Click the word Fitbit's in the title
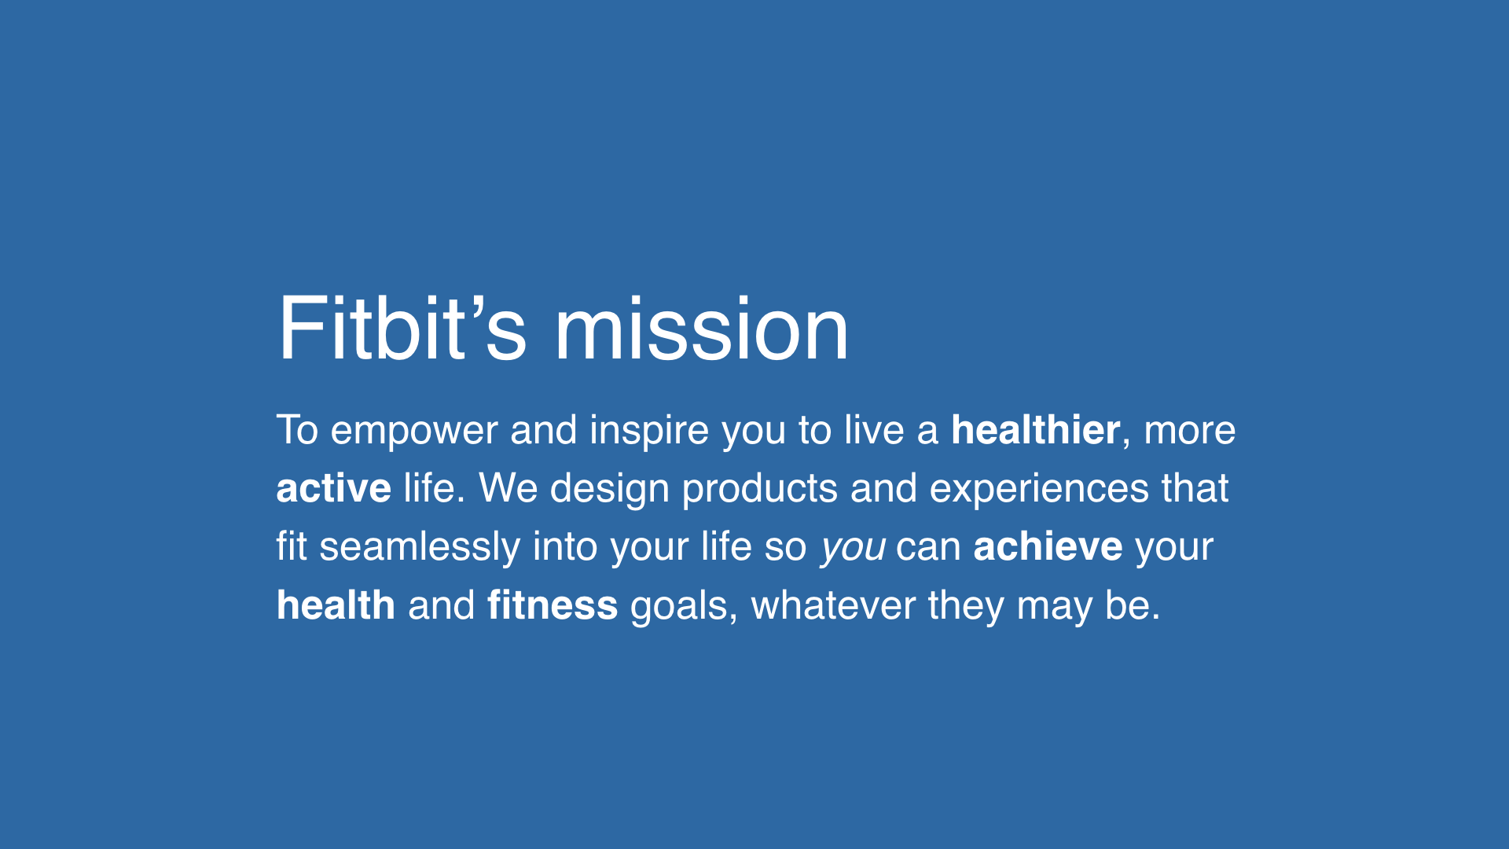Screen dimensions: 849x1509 coord(402,329)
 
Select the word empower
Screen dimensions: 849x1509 coord(413,432)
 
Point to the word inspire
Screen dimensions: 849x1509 coord(649,432)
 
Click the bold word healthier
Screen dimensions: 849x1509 coord(1035,430)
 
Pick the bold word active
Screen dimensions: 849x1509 coord(333,488)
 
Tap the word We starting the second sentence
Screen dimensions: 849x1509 coord(508,488)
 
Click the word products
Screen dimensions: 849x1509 coord(759,490)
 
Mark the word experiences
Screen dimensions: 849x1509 coord(1039,490)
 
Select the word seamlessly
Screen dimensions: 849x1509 coord(419,547)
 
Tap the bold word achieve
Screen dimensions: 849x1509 coord(1048,546)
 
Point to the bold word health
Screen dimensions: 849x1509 coord(336,605)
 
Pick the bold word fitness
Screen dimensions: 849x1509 coord(553,605)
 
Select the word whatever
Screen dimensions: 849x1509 coord(833,605)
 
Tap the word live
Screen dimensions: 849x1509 coord(874,430)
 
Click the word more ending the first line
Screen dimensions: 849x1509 coord(1189,432)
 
